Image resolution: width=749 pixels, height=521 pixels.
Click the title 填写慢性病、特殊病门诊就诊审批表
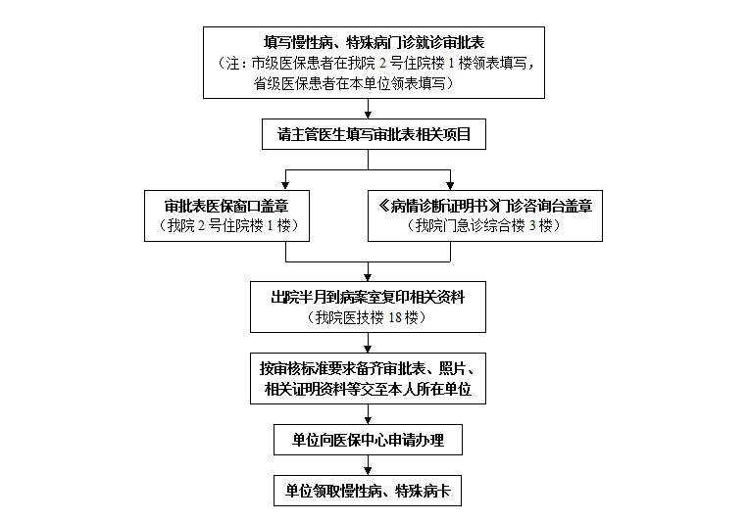(x=374, y=42)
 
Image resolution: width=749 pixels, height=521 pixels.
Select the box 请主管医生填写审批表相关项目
(x=374, y=134)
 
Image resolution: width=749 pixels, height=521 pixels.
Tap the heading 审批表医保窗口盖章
(x=226, y=206)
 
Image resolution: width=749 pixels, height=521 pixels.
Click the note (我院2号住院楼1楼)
(x=227, y=225)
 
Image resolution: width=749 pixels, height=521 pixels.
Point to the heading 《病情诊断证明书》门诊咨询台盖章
(x=485, y=206)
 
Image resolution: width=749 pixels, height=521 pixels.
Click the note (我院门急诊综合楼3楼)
(x=485, y=225)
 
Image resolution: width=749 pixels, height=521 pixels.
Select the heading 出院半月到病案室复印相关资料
(x=368, y=298)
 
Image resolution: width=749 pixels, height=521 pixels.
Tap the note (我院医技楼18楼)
(x=368, y=317)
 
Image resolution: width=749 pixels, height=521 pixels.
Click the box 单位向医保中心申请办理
(x=368, y=440)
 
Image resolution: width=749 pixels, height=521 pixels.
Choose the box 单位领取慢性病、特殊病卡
(x=368, y=491)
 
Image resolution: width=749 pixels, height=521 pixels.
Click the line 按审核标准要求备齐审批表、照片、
(x=368, y=368)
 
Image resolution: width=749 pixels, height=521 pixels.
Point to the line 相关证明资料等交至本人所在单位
(x=368, y=389)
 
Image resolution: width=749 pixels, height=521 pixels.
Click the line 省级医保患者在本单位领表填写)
(x=354, y=83)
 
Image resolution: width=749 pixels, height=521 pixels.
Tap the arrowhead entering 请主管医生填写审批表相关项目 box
(x=368, y=115)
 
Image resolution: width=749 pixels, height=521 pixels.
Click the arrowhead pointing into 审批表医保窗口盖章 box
(x=285, y=186)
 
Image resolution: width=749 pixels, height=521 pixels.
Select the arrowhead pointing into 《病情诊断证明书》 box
(x=450, y=186)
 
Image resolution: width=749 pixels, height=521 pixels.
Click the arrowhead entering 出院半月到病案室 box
(x=368, y=277)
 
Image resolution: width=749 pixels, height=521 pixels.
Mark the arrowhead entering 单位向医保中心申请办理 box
(x=368, y=420)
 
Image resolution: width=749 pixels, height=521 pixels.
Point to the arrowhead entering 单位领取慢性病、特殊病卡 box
(x=368, y=471)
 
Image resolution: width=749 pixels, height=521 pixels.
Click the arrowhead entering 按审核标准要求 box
(x=368, y=349)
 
